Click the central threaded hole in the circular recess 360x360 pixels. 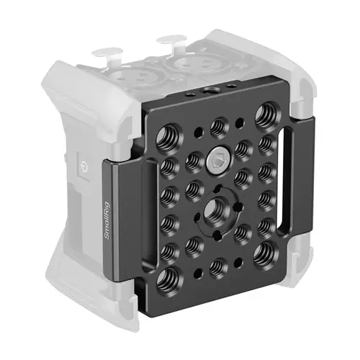coord(213,209)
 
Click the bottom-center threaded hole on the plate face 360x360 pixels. coord(215,268)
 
